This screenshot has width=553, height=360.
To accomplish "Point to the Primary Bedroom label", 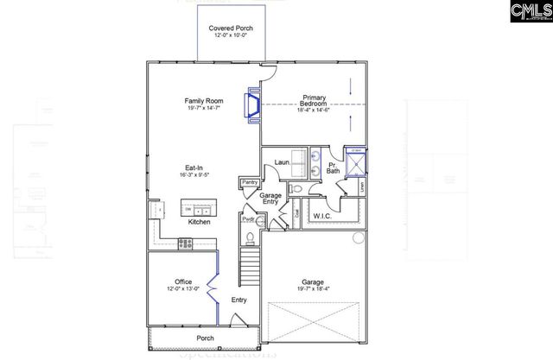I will click(x=313, y=100).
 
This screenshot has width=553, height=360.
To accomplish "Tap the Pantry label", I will click(x=250, y=182).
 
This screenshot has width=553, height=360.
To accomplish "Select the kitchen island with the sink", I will click(x=198, y=210).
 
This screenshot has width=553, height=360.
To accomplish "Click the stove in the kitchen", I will click(x=186, y=243).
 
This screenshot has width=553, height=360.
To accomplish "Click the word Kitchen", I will click(x=200, y=222).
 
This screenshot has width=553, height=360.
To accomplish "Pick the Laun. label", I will click(x=282, y=161).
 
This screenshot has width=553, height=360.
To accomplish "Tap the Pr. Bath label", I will click(x=332, y=169).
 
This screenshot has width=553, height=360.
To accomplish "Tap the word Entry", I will click(x=239, y=300).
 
